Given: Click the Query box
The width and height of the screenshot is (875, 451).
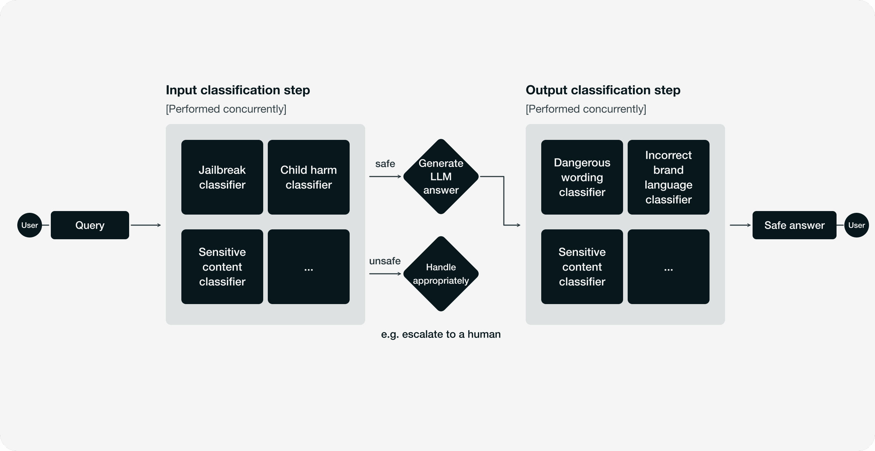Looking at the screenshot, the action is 90,225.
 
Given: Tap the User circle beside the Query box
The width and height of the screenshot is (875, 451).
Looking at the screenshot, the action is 30,225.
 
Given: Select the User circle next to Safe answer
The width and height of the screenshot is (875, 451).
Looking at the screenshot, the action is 856,225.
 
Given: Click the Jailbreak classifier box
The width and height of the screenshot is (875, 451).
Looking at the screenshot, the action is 222,177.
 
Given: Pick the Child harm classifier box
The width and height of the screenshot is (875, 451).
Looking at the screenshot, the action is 309,177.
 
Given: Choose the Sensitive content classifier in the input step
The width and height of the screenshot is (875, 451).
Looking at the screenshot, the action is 222,267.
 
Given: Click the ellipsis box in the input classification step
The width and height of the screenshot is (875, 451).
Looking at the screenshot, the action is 309,267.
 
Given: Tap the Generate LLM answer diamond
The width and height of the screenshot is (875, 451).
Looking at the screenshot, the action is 441,177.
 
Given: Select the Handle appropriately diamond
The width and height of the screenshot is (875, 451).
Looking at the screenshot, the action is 441,274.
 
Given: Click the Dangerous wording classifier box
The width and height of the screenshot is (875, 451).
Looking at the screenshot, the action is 582,177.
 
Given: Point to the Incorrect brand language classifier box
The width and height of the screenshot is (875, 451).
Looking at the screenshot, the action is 669,177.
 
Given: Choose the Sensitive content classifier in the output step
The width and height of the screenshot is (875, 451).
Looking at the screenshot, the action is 582,267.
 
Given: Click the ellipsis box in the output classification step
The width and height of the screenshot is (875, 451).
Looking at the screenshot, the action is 669,267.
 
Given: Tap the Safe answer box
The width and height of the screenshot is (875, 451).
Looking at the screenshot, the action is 795,225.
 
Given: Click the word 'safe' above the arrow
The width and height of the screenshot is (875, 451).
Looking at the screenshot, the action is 385,164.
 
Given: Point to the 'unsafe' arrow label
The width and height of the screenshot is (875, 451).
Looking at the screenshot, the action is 385,261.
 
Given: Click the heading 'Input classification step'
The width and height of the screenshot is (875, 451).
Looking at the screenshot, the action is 238,90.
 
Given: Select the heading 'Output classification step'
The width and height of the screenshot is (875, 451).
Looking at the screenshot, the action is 603,90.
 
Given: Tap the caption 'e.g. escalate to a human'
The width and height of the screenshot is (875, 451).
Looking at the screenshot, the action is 441,334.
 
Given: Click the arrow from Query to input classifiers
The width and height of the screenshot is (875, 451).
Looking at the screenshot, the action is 146,225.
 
